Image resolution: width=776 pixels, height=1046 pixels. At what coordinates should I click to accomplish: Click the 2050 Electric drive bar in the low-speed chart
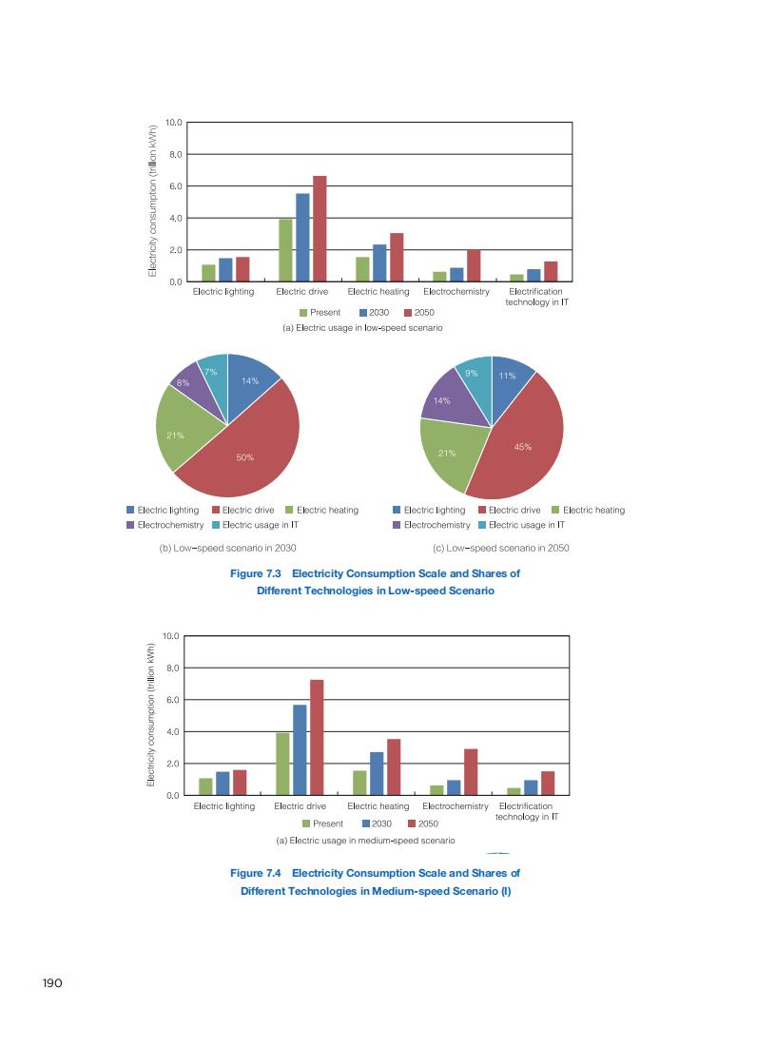click(320, 228)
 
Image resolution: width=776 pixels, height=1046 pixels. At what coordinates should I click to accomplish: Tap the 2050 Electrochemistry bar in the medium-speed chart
click(471, 771)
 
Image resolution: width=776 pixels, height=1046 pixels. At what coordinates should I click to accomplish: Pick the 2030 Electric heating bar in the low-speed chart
click(379, 262)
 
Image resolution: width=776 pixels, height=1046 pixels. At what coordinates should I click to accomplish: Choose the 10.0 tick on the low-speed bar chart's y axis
click(174, 123)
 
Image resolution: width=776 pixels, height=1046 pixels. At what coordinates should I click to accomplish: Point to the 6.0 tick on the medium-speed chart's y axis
click(172, 700)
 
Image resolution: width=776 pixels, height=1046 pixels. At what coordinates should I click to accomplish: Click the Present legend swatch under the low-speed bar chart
click(304, 313)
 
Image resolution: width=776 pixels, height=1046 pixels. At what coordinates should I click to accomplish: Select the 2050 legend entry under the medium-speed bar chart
click(422, 823)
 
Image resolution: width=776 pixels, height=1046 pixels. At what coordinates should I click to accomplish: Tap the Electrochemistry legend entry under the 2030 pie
click(165, 525)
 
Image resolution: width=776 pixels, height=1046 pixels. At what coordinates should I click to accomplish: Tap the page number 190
click(51, 983)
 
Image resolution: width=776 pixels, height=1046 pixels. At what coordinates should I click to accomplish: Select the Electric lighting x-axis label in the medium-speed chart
click(224, 806)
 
